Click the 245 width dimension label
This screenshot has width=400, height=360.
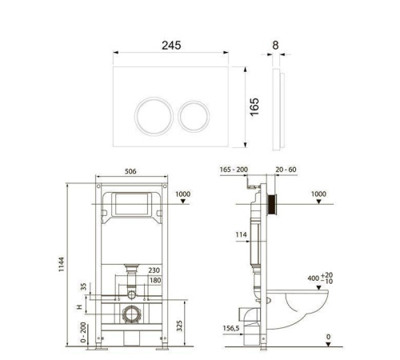[171, 45]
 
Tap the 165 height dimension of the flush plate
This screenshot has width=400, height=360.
[254, 106]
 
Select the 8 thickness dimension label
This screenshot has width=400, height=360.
[275, 45]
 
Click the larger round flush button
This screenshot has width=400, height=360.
[154, 116]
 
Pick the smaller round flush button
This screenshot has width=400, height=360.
[194, 116]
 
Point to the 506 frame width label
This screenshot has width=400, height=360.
[130, 171]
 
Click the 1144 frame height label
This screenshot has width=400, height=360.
[62, 264]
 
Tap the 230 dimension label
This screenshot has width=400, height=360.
[154, 270]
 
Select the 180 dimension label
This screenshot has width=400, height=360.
[155, 280]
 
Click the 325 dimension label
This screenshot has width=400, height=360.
[179, 326]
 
